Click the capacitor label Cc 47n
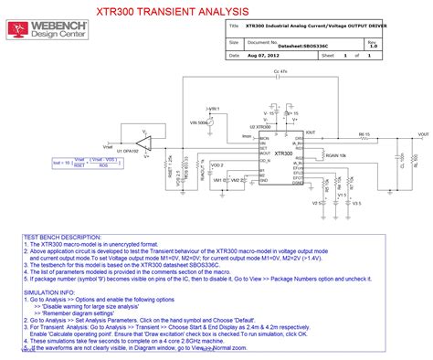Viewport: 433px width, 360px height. pyautogui.click(x=280, y=70)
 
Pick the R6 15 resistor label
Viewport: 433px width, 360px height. pyautogui.click(x=365, y=134)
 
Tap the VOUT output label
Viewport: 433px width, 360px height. pyautogui.click(x=423, y=134)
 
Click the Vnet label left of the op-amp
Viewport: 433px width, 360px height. pyautogui.click(x=109, y=145)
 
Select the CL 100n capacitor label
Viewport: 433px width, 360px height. pyautogui.click(x=402, y=160)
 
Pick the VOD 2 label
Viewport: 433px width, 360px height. pyautogui.click(x=216, y=165)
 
